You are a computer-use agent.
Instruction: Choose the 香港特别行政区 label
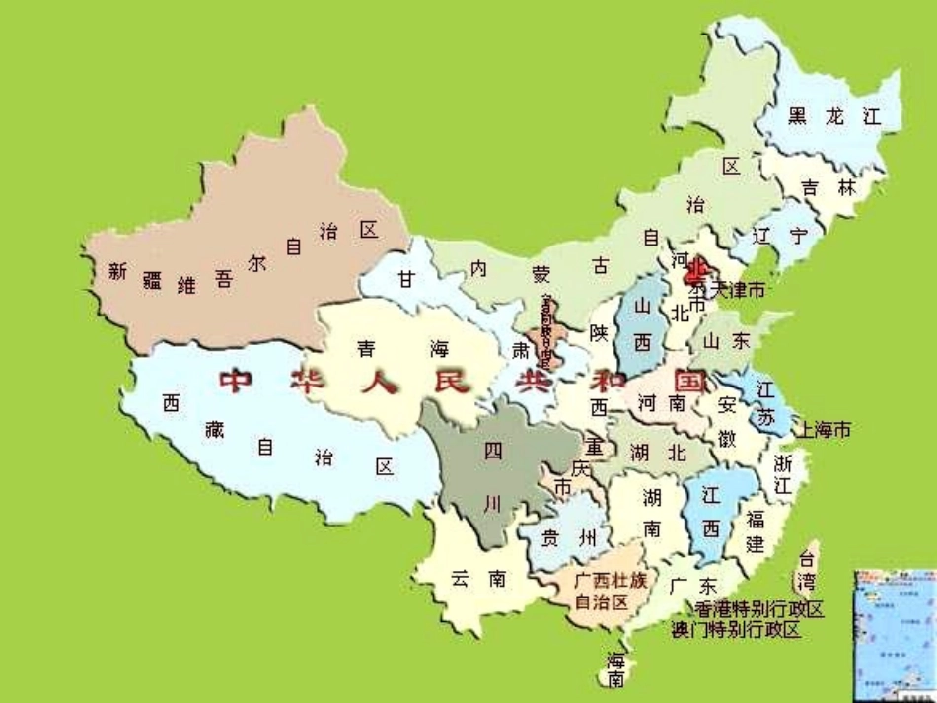(758, 609)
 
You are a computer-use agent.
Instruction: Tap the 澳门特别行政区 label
(736, 629)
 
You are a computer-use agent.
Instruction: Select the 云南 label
(478, 579)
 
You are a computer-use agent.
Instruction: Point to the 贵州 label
(571, 537)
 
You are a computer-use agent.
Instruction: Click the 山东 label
(727, 340)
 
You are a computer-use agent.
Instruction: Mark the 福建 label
(756, 531)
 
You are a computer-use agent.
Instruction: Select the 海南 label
(616, 668)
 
